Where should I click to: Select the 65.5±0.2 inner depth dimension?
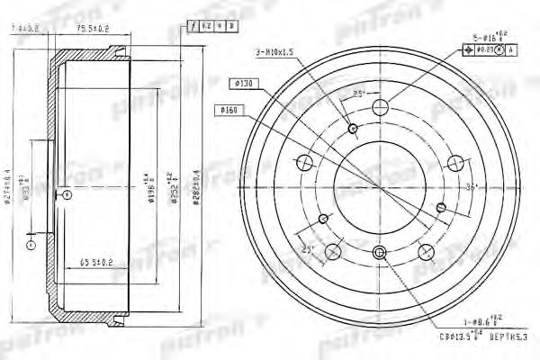[95, 263]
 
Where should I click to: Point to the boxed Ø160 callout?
[229, 110]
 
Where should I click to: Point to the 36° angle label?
[472, 186]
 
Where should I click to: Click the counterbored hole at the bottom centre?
[379, 252]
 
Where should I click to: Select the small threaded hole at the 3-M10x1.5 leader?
[353, 128]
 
